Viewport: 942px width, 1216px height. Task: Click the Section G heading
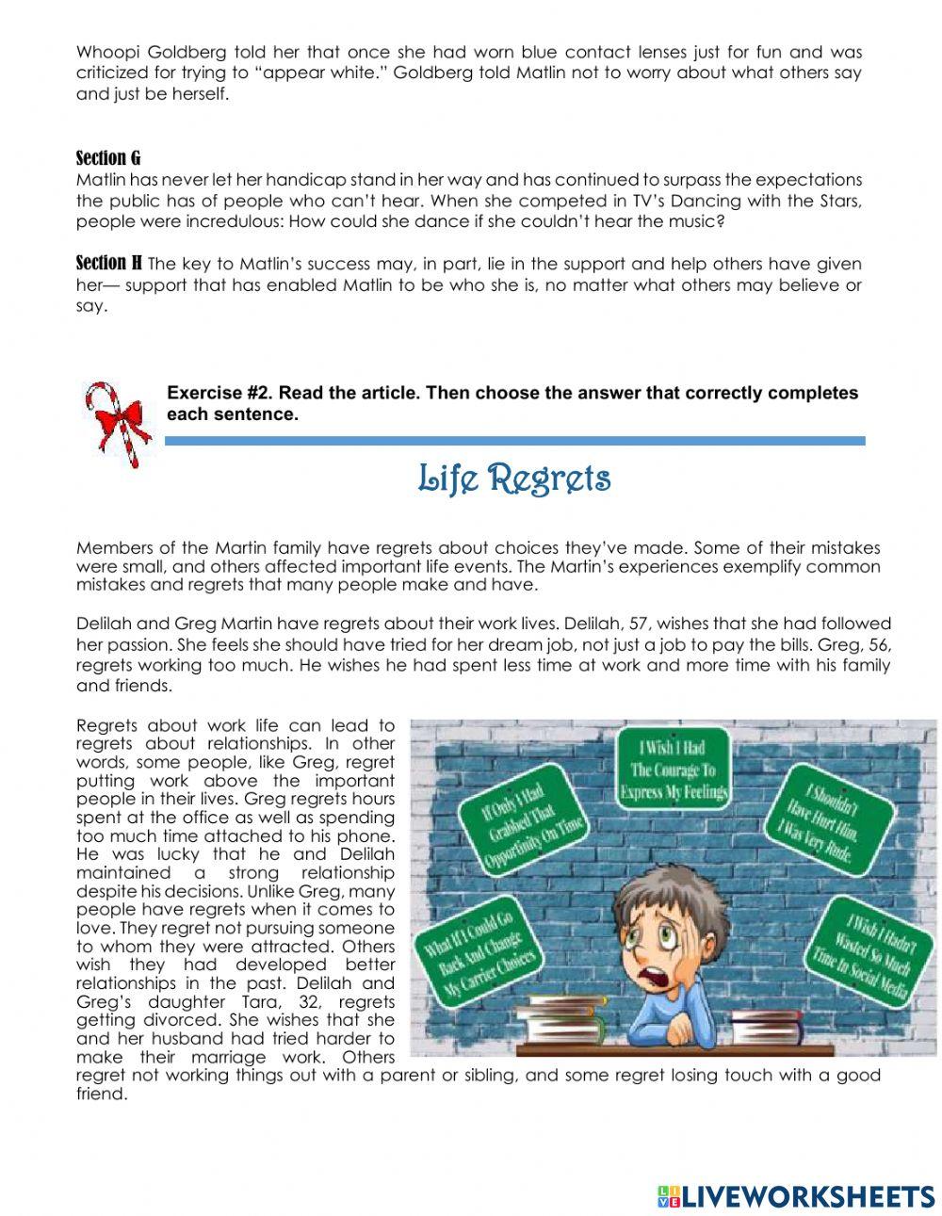(107, 157)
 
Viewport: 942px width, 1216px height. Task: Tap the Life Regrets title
(514, 478)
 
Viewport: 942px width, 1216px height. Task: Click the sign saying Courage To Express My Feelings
(673, 770)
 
